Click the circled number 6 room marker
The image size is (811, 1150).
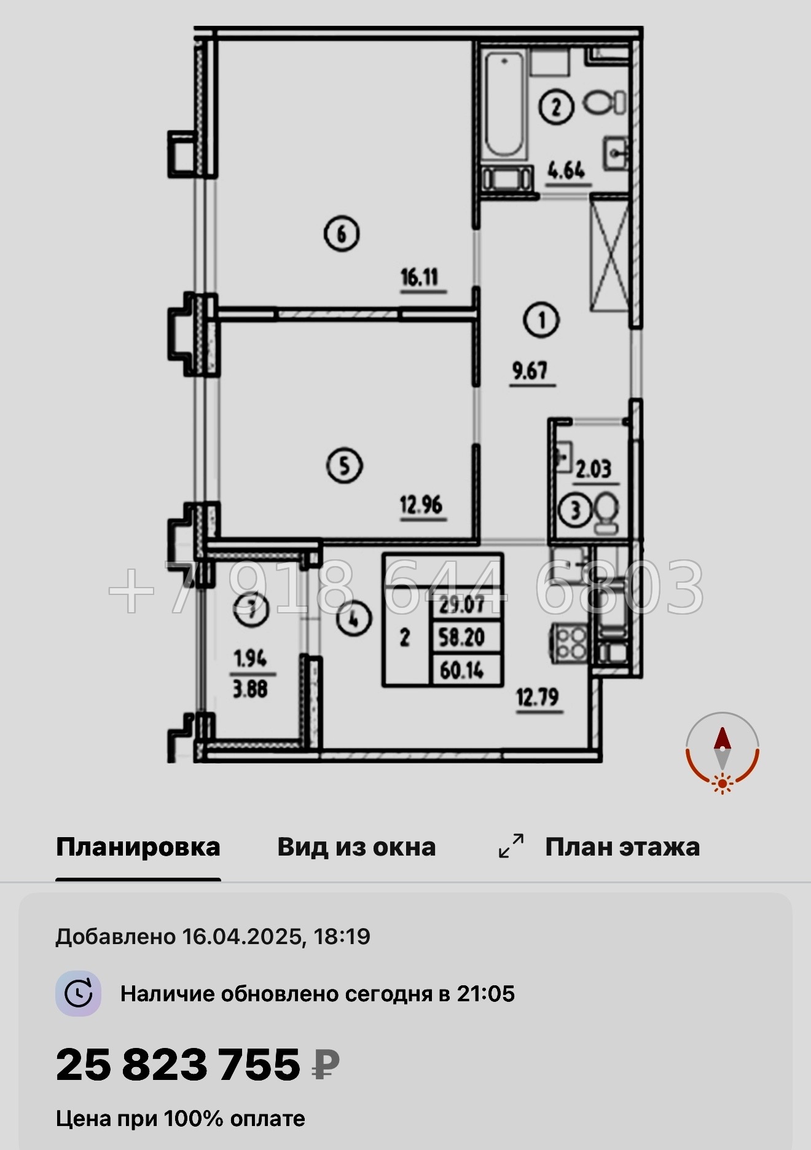(x=342, y=234)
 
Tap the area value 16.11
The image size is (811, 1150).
(x=420, y=278)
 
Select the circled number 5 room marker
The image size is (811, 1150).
(x=344, y=465)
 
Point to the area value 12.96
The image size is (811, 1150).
(x=421, y=505)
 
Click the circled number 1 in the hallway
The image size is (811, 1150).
(x=541, y=320)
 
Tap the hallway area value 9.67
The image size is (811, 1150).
(x=530, y=371)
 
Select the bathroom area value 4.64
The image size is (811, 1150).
(x=566, y=170)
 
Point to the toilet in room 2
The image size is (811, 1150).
(x=605, y=103)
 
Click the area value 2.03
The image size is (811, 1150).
(x=594, y=470)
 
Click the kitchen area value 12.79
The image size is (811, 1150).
(x=538, y=698)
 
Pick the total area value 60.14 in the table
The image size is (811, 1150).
(x=462, y=670)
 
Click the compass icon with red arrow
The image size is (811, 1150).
(x=723, y=751)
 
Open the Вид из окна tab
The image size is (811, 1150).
(x=356, y=847)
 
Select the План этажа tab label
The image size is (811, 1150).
(x=622, y=847)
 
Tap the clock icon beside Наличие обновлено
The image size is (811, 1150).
(x=79, y=994)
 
